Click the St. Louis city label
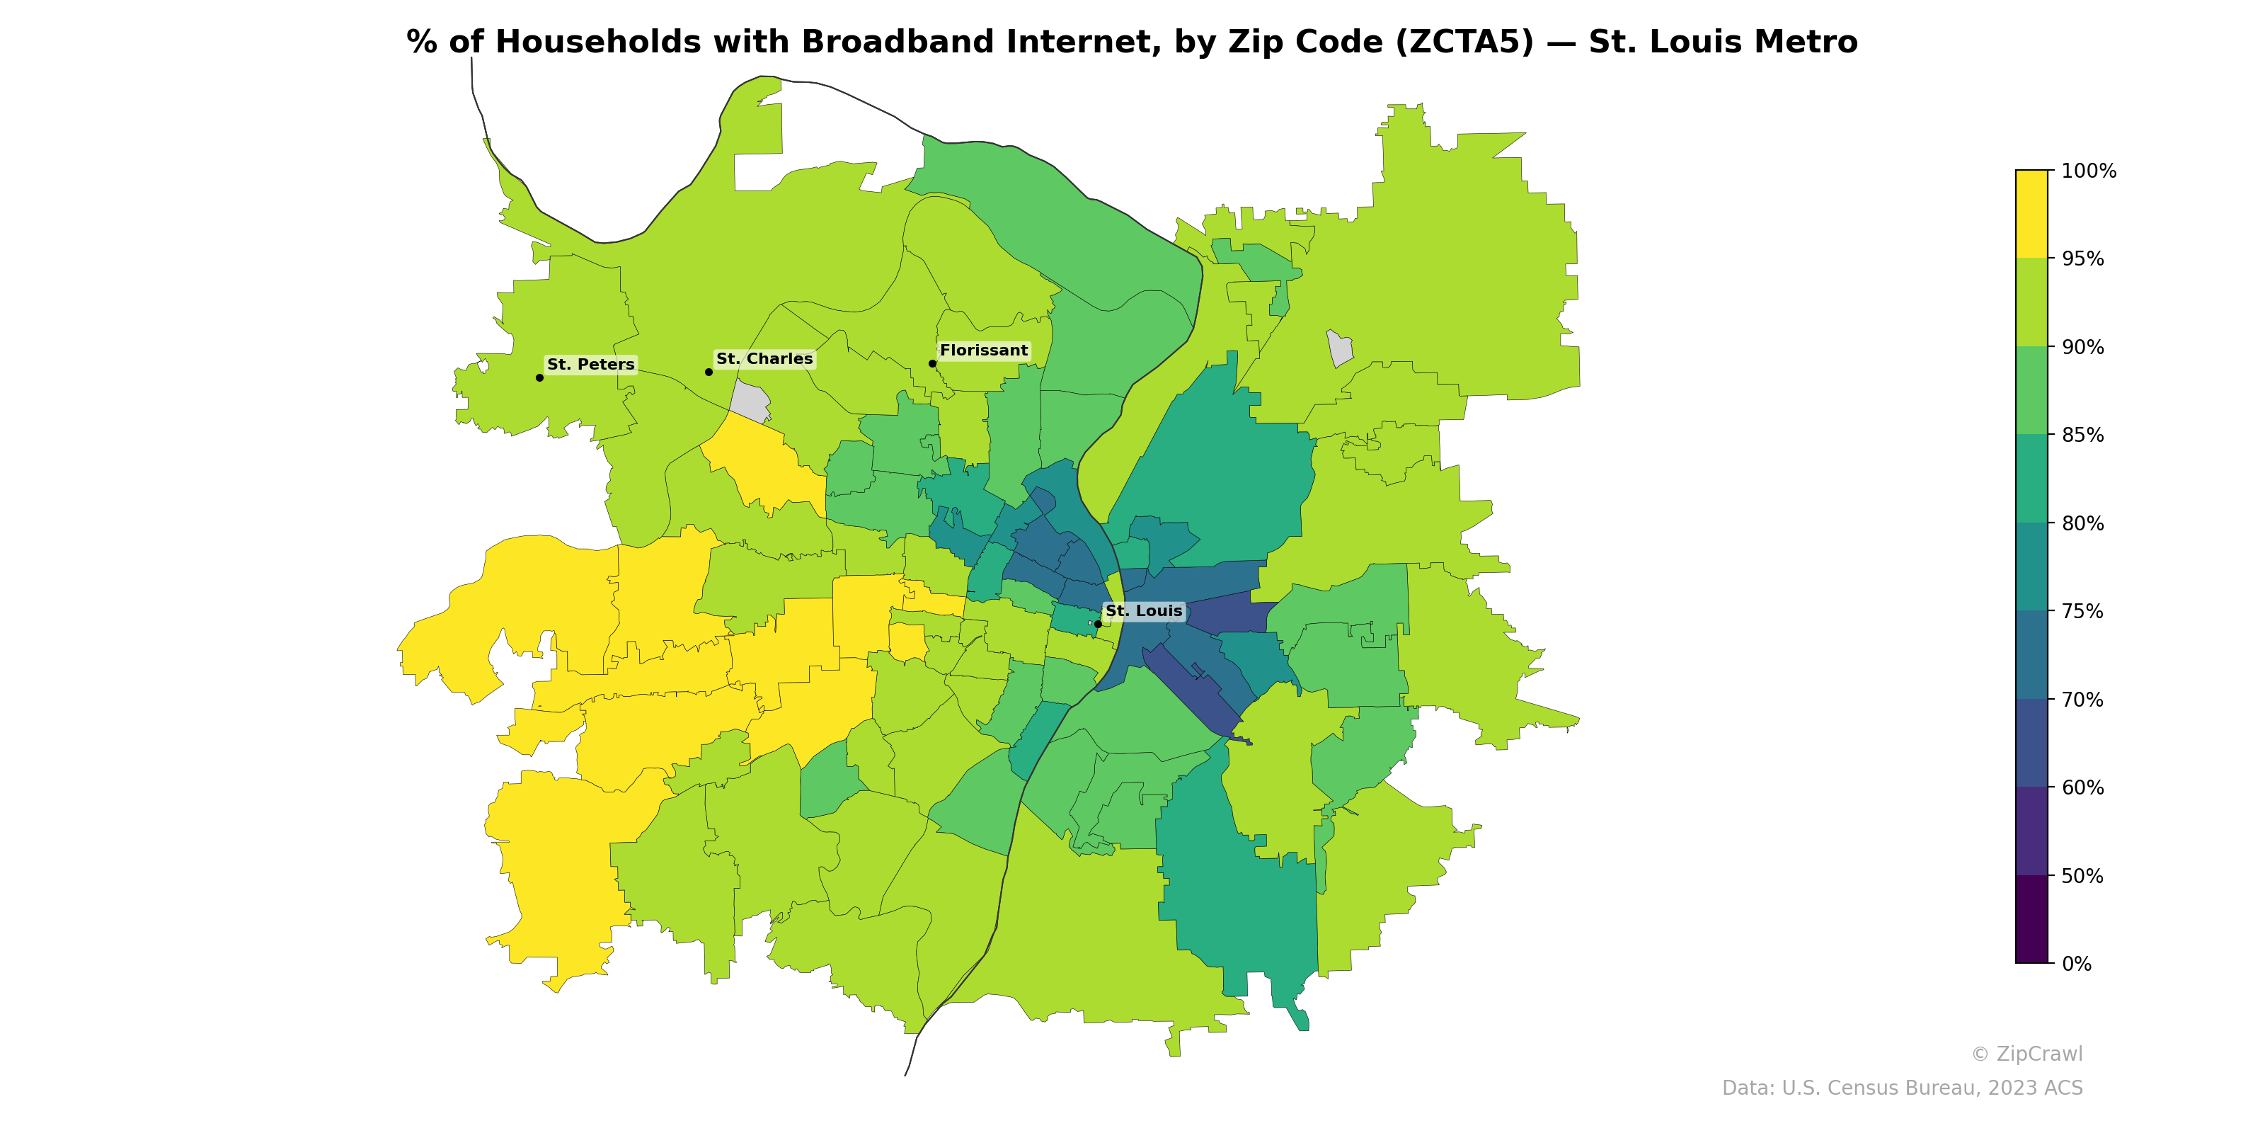(x=1143, y=610)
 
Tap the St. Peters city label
(x=590, y=364)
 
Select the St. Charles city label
(x=764, y=359)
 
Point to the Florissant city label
(x=983, y=350)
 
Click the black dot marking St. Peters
(x=539, y=377)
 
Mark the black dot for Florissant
(x=932, y=363)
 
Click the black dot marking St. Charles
(x=709, y=372)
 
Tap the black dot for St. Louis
(x=1097, y=624)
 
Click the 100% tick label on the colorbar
(x=2088, y=171)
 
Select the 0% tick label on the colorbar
(x=2076, y=963)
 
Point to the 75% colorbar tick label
(x=2082, y=611)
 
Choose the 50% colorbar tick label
(x=2082, y=876)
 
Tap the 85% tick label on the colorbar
(x=2082, y=435)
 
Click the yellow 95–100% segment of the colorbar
(x=2031, y=214)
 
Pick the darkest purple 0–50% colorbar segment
(x=2031, y=919)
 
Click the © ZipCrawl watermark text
(x=2026, y=1054)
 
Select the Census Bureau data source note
(x=1902, y=1088)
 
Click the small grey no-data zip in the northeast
(x=1339, y=348)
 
